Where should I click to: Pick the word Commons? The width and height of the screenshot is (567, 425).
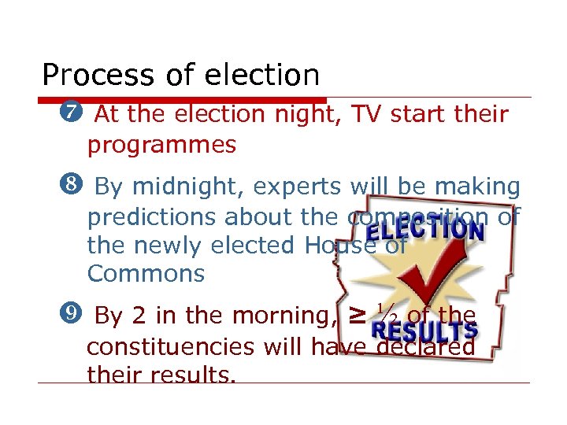[x=146, y=274]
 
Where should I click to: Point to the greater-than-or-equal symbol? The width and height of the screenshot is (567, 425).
[x=357, y=316]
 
